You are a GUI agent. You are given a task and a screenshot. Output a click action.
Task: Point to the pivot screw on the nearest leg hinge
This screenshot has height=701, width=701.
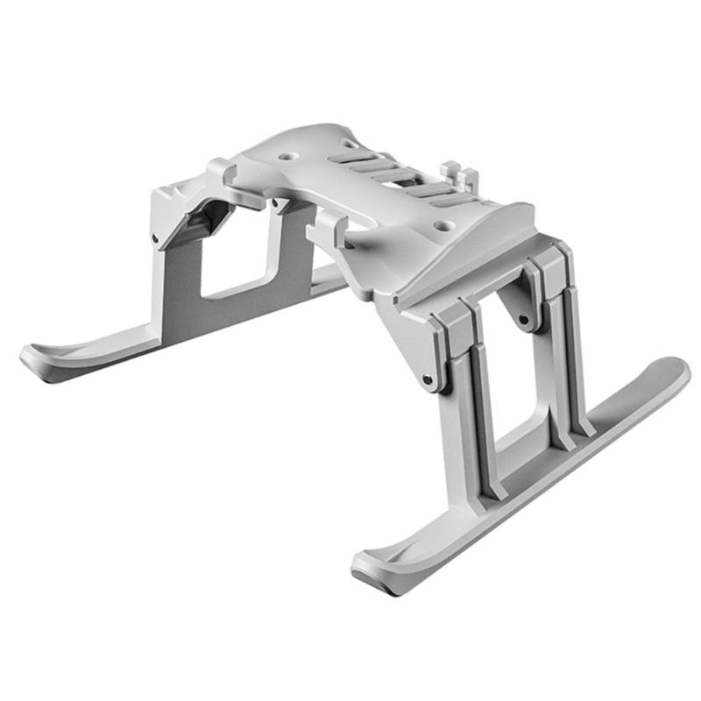coord(427,379)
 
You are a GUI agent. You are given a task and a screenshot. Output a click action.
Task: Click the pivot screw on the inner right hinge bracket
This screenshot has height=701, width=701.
coord(523,319)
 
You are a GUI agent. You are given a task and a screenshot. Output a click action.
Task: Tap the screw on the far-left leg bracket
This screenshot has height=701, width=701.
coord(155,237)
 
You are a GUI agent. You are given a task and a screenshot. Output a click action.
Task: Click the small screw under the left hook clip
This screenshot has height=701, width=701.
coord(273,207)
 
